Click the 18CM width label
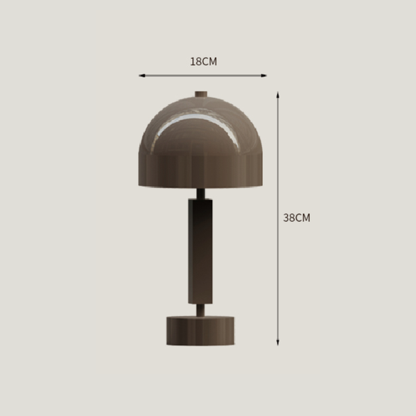[x=203, y=61]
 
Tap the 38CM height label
[x=297, y=218]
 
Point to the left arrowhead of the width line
[x=141, y=75]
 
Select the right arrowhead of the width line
[x=265, y=75]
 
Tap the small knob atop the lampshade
[x=201, y=94]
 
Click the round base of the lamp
[x=200, y=331]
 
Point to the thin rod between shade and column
[x=200, y=193]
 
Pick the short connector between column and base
[x=200, y=310]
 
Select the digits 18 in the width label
[x=196, y=61]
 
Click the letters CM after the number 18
[x=209, y=61]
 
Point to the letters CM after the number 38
[x=303, y=218]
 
